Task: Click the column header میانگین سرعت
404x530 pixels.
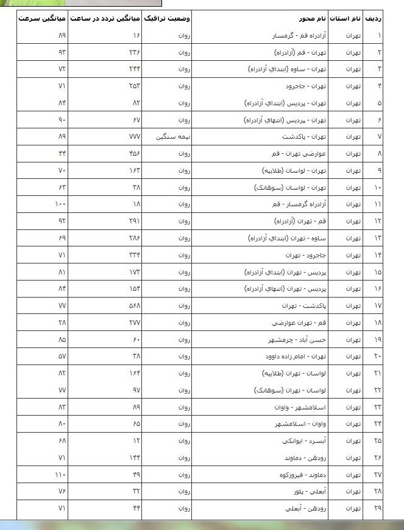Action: click(x=41, y=19)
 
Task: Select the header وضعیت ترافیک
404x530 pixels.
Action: click(x=166, y=19)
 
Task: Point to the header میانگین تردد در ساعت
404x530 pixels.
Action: click(x=105, y=19)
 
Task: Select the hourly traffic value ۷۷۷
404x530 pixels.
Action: click(x=135, y=136)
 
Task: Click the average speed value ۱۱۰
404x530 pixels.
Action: click(x=60, y=474)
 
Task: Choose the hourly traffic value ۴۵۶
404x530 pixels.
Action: click(x=135, y=153)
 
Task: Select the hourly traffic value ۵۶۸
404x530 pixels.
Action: click(x=135, y=305)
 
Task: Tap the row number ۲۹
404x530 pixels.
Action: click(x=378, y=507)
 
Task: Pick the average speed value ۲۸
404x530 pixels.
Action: click(x=62, y=322)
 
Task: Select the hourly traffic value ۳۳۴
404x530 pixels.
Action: click(x=135, y=254)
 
